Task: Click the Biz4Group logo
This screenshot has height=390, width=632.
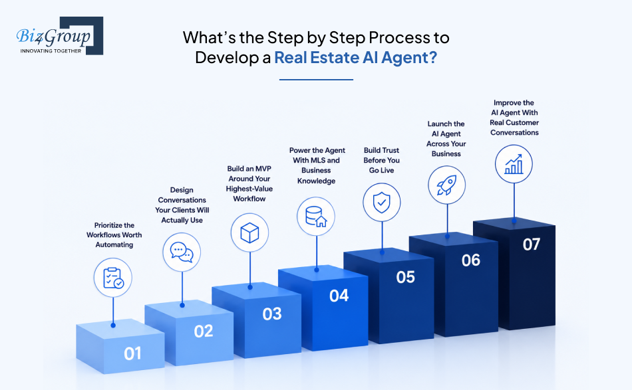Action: pyautogui.click(x=60, y=36)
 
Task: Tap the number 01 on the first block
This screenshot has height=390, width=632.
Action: pyautogui.click(x=132, y=353)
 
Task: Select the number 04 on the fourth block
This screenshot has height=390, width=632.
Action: pyautogui.click(x=339, y=296)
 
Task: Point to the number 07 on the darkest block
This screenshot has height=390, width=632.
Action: pyautogui.click(x=532, y=244)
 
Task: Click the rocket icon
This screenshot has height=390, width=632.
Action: pyautogui.click(x=446, y=185)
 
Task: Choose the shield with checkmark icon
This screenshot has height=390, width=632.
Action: pyautogui.click(x=382, y=202)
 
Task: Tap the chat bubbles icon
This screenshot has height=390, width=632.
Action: pyautogui.click(x=182, y=252)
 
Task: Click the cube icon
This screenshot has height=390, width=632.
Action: pyautogui.click(x=249, y=233)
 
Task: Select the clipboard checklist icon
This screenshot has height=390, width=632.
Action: pyautogui.click(x=113, y=278)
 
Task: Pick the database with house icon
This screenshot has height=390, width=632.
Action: pyautogui.click(x=316, y=217)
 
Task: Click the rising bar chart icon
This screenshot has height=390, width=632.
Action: pyautogui.click(x=514, y=164)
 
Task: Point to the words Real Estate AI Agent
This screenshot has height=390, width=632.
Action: pyautogui.click(x=355, y=58)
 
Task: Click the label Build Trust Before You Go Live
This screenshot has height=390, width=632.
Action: pyautogui.click(x=382, y=160)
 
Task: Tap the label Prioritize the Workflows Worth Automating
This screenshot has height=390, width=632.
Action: pyautogui.click(x=114, y=235)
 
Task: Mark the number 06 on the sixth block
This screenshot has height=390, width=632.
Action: pyautogui.click(x=471, y=260)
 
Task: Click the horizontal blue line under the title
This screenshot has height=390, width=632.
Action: pyautogui.click(x=317, y=80)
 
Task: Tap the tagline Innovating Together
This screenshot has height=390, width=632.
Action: pyautogui.click(x=51, y=51)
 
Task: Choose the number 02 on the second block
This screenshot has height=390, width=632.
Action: pyautogui.click(x=203, y=332)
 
